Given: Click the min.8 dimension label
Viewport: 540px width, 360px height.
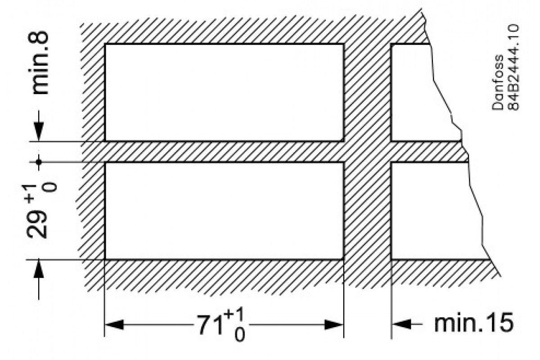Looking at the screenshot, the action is coord(40,63).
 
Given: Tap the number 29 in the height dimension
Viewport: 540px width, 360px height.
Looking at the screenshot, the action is coord(36,225).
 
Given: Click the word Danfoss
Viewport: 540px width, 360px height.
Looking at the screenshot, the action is coord(498,82).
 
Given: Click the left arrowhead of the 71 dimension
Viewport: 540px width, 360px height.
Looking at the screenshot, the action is coord(114,324).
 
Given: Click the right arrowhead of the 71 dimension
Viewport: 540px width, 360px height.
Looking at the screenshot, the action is coord(334,324).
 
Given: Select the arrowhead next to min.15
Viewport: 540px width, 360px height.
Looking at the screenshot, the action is coord(401,324).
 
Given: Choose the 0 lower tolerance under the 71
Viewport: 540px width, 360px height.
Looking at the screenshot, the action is coord(239,335).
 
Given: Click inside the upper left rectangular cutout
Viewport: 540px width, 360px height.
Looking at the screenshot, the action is coord(224,92).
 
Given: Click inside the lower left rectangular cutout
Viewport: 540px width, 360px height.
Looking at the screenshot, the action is coord(224,211).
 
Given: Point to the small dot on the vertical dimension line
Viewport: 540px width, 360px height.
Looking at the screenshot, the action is coord(39,162).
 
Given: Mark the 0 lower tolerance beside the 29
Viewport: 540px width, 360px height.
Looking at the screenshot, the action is coord(51,187).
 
